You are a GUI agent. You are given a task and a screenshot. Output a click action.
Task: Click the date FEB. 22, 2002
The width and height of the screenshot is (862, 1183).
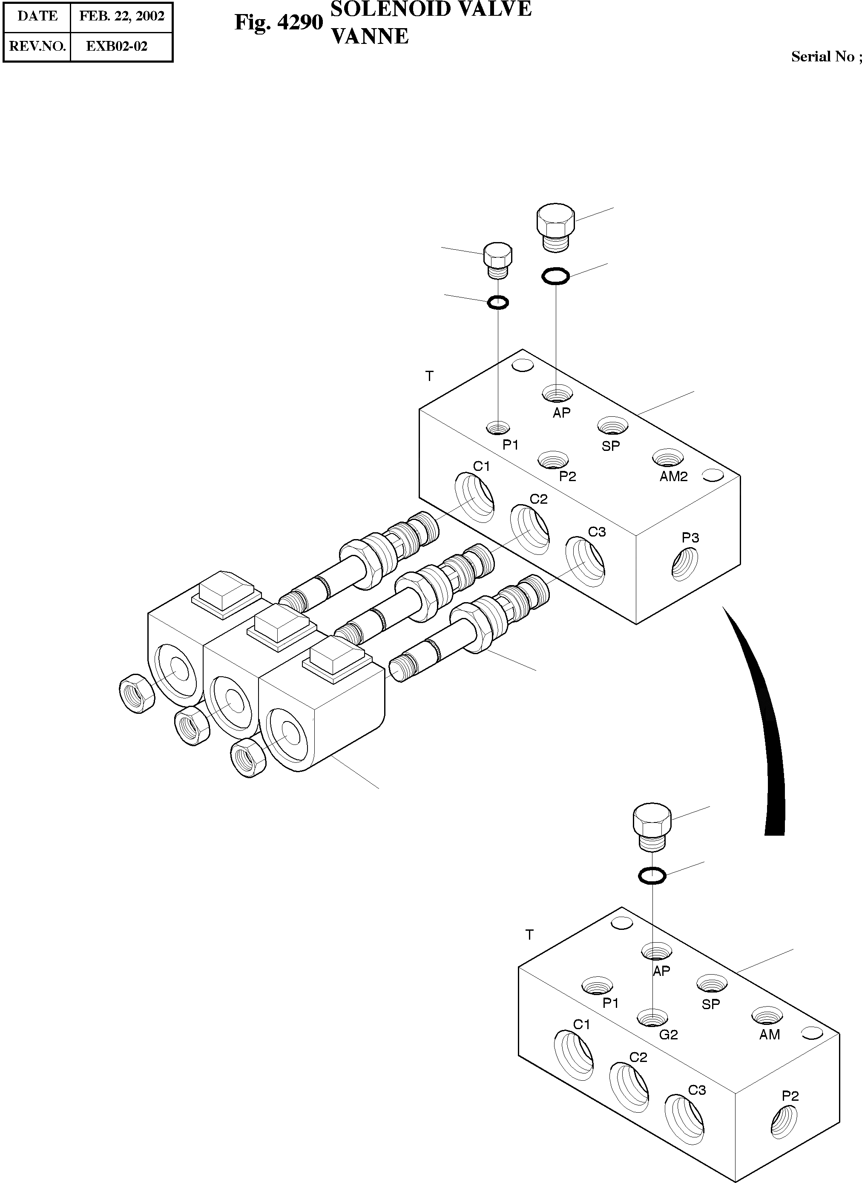tap(121, 16)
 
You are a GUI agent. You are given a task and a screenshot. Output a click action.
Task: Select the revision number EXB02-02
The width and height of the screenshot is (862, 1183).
tap(116, 46)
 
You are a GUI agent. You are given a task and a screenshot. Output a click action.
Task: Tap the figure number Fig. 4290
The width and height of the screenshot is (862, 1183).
tap(279, 23)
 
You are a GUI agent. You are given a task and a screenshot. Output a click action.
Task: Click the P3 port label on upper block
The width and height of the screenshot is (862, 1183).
tap(690, 537)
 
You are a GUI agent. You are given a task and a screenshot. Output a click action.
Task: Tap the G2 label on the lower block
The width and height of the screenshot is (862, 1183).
tap(668, 1034)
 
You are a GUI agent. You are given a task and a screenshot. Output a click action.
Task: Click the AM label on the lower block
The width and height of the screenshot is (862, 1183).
tap(769, 1034)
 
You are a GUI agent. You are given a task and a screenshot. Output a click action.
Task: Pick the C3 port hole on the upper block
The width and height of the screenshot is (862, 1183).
tap(586, 562)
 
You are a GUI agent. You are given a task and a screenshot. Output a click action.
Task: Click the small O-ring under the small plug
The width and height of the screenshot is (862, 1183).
tap(497, 302)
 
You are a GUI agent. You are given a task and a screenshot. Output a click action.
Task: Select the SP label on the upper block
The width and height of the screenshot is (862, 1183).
tap(610, 446)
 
